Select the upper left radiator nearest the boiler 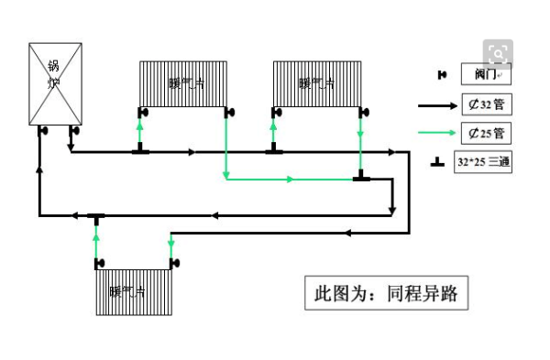[183, 83]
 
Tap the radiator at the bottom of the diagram [134, 292]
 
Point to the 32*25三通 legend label [483, 162]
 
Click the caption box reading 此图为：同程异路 [386, 294]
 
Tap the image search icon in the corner [500, 54]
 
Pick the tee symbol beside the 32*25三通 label [438, 162]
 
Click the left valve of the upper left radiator [143, 113]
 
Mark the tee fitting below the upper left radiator [140, 150]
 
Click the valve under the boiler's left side [42, 130]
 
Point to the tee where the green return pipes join [361, 177]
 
